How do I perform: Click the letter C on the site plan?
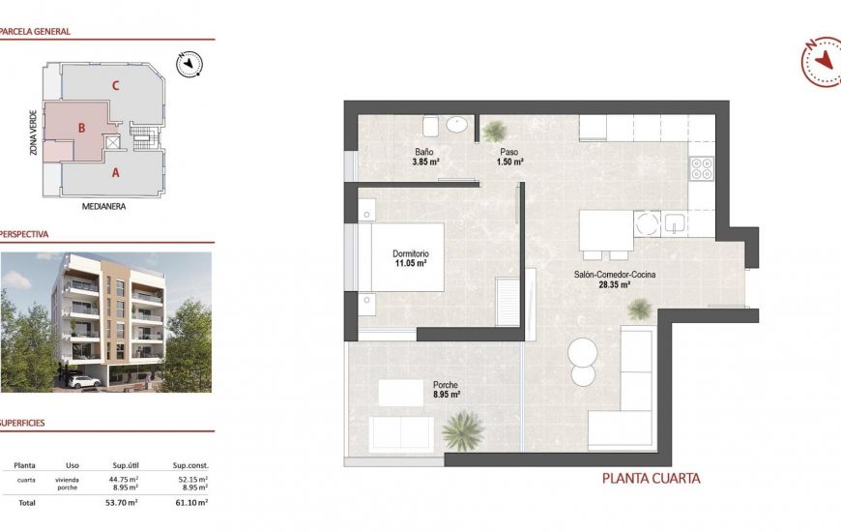point(115,85)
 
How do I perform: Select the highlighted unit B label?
point(83,127)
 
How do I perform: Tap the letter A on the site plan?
point(115,173)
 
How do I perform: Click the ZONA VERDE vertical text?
point(34,133)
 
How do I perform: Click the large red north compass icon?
point(821,61)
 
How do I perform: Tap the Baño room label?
point(424,153)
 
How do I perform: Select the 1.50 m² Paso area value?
point(509,163)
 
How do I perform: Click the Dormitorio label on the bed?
point(411,253)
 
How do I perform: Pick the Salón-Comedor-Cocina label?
point(615,275)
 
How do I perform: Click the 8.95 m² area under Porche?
point(446,395)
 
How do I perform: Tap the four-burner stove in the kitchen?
point(701,169)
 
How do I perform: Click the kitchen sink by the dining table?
point(674,224)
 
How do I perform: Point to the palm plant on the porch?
point(464,430)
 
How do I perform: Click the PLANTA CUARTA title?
point(651,478)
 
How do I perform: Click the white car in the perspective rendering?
point(84,381)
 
